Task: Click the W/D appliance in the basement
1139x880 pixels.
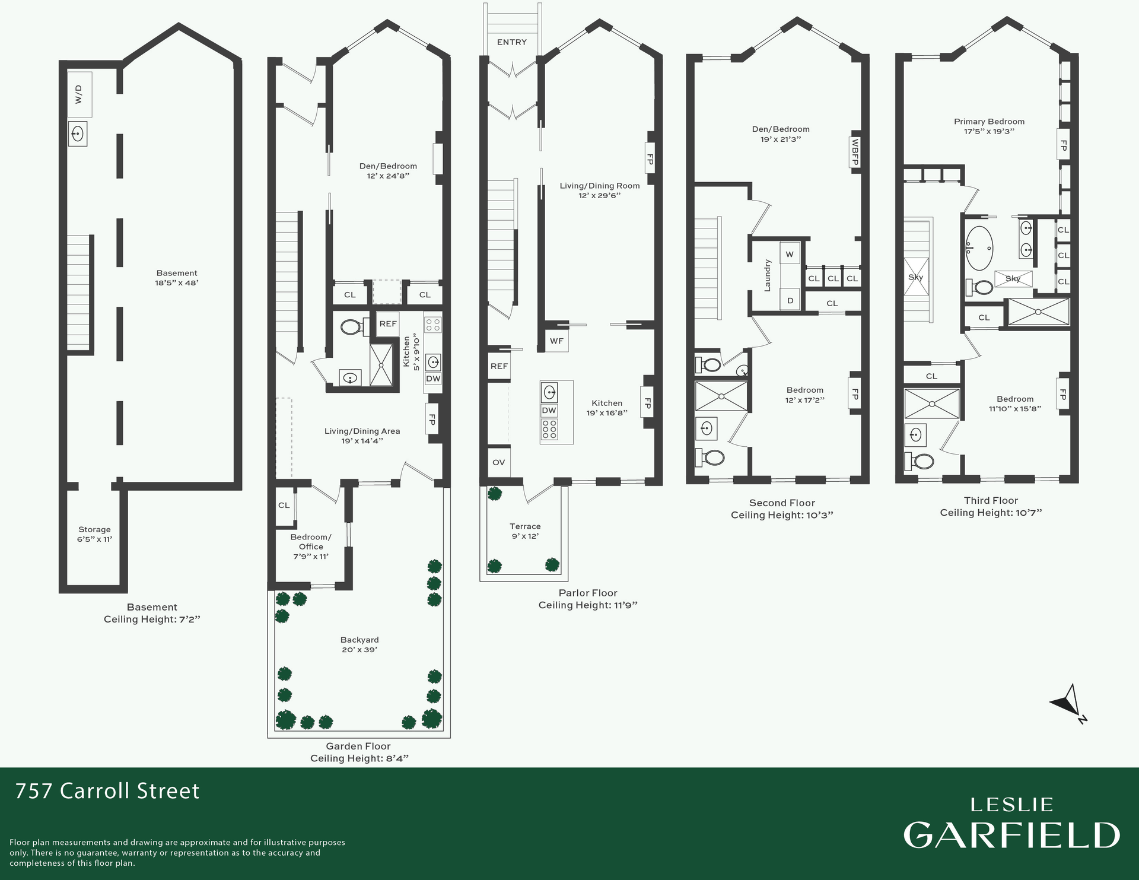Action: click(79, 95)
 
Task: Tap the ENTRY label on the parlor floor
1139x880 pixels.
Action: click(511, 42)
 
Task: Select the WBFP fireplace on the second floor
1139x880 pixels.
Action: click(855, 152)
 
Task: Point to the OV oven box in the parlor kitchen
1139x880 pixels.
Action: click(499, 462)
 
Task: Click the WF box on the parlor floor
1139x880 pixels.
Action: click(556, 341)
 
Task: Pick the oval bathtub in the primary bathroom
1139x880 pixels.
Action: click(979, 248)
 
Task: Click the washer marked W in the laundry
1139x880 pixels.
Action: click(790, 255)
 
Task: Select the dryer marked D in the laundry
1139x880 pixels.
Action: click(790, 300)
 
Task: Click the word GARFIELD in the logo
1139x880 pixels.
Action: click(1011, 835)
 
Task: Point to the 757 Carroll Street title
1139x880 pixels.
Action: click(107, 791)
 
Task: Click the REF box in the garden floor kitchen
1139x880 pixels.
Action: click(388, 324)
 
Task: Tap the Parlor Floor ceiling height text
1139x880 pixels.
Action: click(588, 605)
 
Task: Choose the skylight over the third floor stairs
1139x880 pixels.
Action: click(916, 277)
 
